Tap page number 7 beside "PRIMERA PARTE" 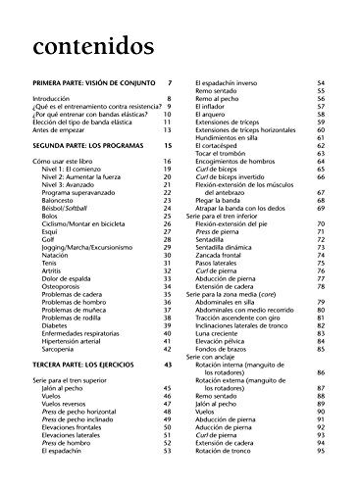click(x=170, y=84)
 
